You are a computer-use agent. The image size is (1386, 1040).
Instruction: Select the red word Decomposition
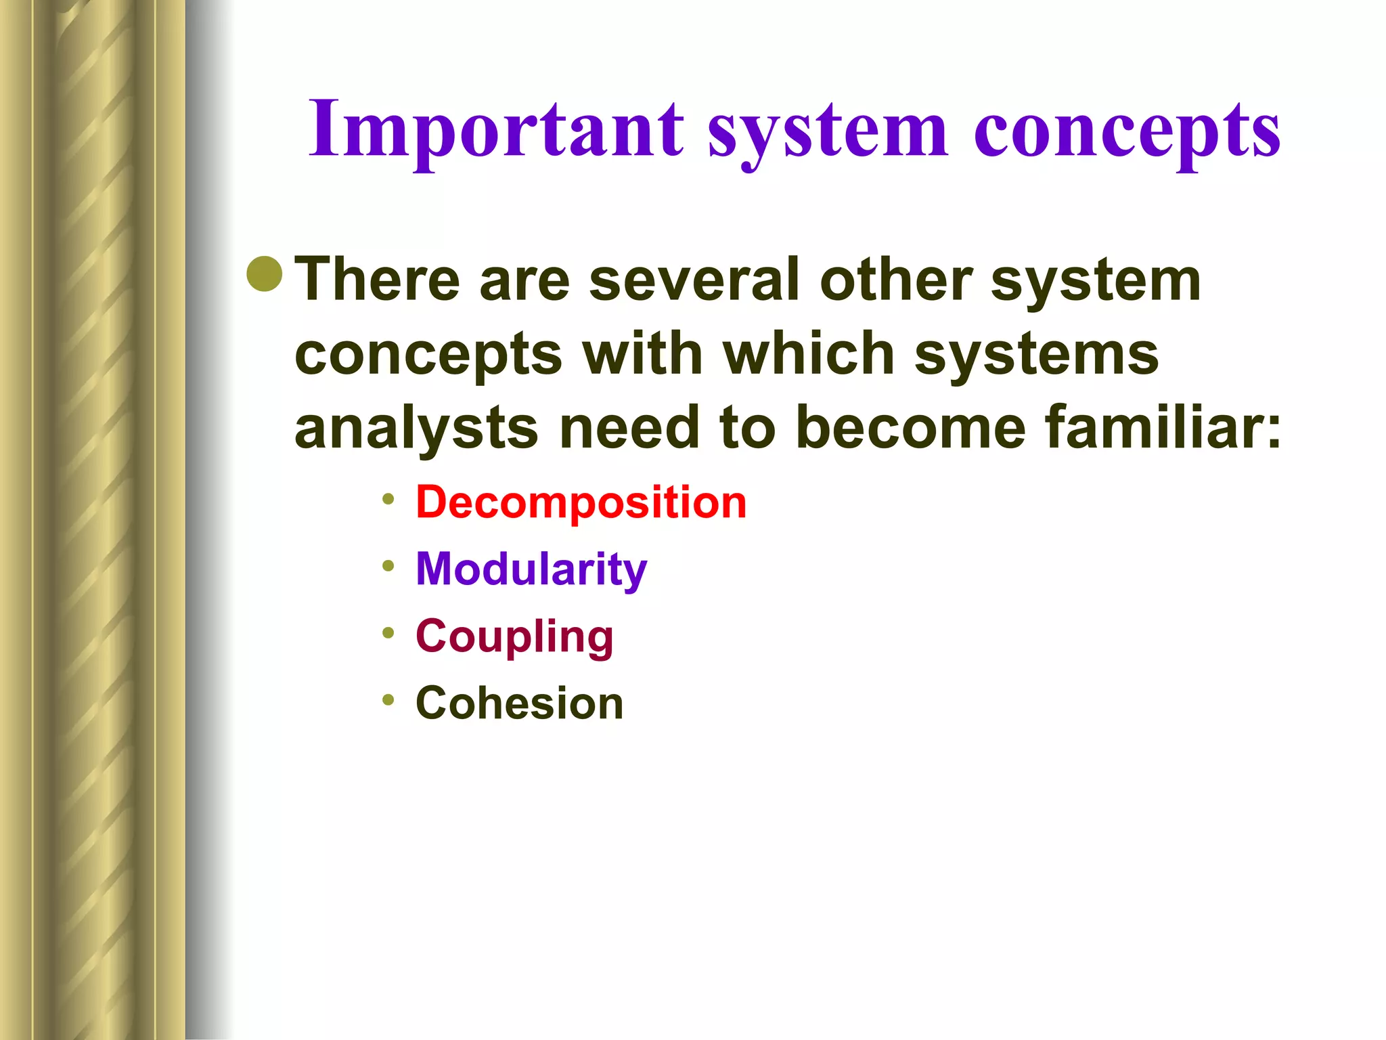(581, 502)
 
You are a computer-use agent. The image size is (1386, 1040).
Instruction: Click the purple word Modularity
(531, 569)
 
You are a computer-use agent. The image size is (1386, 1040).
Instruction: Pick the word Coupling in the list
(514, 636)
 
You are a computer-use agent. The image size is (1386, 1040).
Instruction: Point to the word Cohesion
(519, 703)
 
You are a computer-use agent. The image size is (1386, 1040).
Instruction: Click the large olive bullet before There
(265, 274)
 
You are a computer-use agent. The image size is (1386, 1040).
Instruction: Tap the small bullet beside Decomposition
(388, 500)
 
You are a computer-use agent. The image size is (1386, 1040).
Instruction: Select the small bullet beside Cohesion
(388, 699)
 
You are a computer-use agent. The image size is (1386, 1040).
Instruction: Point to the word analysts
(416, 428)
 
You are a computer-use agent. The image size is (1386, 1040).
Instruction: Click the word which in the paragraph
(809, 353)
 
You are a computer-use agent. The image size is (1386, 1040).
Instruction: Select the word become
(910, 428)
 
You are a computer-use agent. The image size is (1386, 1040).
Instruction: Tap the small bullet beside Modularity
(388, 566)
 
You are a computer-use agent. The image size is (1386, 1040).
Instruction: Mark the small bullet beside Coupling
(388, 633)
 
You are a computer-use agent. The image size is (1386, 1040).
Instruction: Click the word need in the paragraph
(629, 428)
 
